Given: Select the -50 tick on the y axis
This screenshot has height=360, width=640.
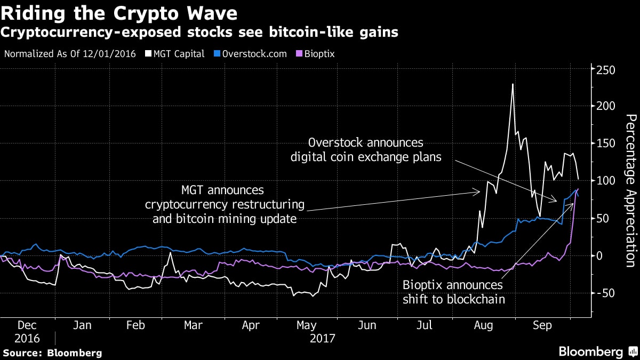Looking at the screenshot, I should (x=606, y=293).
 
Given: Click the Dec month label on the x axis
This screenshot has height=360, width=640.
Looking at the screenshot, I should (x=27, y=325).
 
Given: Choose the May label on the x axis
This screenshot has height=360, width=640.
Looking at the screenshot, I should (x=306, y=325).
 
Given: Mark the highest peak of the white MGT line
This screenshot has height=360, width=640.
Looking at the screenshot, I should (x=513, y=84).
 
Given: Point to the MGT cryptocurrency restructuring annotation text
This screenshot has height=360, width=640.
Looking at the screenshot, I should (x=225, y=204).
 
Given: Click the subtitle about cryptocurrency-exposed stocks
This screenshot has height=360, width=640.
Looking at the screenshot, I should (x=199, y=32).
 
